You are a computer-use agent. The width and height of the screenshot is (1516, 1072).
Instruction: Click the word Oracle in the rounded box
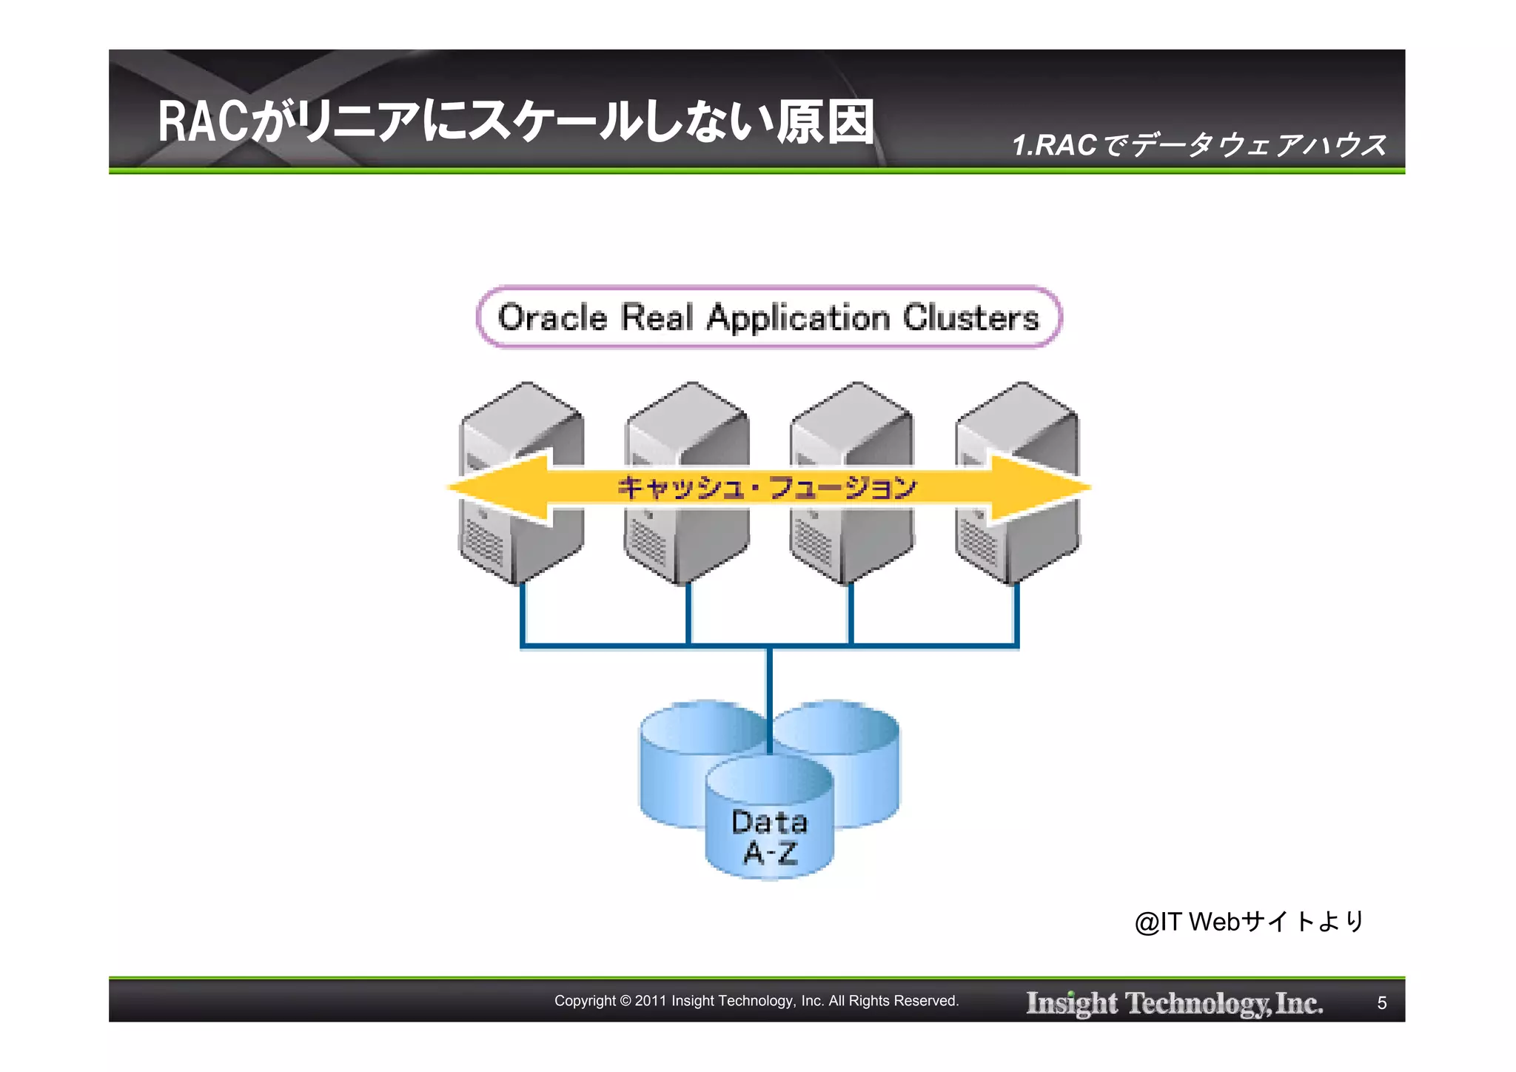click(552, 318)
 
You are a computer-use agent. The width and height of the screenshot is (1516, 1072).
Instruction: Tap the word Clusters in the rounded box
click(970, 318)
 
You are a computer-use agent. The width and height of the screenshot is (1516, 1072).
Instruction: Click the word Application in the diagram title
click(798, 318)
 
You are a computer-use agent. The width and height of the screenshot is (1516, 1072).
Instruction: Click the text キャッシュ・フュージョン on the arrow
click(768, 487)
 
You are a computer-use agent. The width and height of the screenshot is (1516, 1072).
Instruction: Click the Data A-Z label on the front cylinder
click(770, 837)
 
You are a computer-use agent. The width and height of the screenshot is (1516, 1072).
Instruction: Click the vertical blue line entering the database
click(770, 696)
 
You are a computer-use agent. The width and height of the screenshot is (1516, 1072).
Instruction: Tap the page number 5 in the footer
click(1381, 1002)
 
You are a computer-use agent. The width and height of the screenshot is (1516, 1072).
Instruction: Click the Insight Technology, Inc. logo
click(1174, 1002)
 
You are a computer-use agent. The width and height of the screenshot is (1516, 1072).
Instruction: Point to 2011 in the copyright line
click(651, 1001)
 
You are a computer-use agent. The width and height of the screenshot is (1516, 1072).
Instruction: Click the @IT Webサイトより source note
click(1249, 922)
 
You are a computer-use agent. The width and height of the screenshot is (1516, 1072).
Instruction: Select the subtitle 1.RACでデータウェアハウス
click(1199, 145)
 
